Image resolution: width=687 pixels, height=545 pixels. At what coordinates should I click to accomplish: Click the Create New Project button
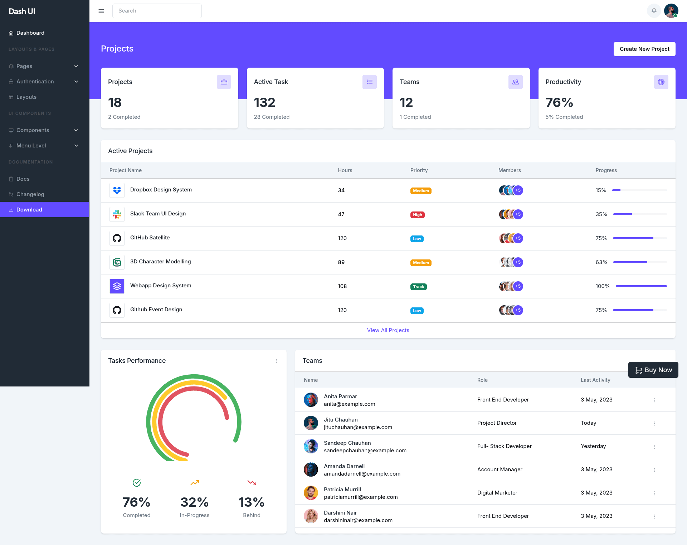[x=644, y=49]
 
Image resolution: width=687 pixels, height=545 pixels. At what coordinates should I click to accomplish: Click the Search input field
[x=157, y=11]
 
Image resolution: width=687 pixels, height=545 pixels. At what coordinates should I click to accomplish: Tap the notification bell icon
[x=654, y=11]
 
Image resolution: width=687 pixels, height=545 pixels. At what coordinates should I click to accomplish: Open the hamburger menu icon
[x=101, y=11]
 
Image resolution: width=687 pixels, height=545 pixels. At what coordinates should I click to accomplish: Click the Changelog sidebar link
[x=30, y=194]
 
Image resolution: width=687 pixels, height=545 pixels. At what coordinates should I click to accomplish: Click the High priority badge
[x=418, y=215]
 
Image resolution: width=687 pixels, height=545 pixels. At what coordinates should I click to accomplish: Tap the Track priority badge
[x=419, y=287]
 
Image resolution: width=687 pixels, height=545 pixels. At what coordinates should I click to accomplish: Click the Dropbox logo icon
[x=117, y=190]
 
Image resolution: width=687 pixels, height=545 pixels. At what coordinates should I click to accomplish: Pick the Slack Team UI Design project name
[x=158, y=214]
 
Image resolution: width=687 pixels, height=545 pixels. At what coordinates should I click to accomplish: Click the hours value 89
[x=341, y=262]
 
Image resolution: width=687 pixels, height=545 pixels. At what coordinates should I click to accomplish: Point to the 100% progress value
[x=603, y=286]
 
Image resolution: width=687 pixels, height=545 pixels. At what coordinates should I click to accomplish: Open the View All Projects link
[x=388, y=330]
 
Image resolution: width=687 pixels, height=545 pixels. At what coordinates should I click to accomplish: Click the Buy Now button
[x=653, y=370]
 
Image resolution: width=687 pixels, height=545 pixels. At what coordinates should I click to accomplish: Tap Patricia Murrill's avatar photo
[x=311, y=493]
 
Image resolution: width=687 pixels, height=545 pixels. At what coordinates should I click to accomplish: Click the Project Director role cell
[x=497, y=423]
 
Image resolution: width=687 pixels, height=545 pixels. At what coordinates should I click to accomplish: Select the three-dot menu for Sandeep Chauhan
[x=654, y=447]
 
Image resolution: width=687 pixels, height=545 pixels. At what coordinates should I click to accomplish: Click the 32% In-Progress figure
[x=195, y=502]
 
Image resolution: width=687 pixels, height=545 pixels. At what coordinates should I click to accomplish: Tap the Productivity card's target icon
[x=661, y=82]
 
